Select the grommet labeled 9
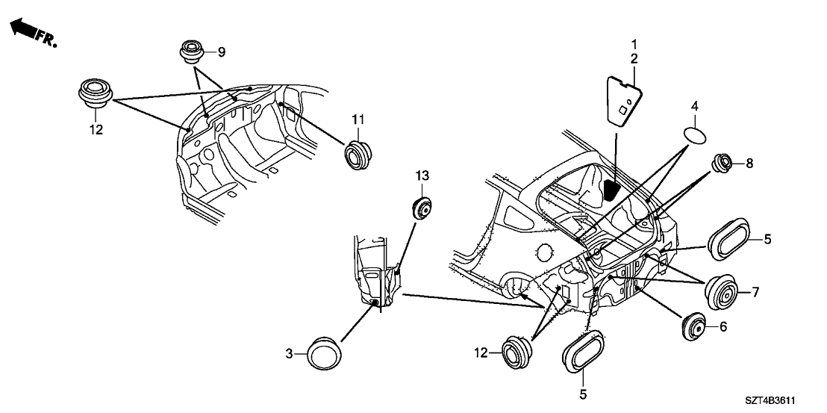point(192,53)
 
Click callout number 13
point(422,176)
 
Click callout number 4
point(694,107)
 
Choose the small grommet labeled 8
point(723,163)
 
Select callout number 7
point(755,292)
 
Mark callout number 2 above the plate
point(634,58)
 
